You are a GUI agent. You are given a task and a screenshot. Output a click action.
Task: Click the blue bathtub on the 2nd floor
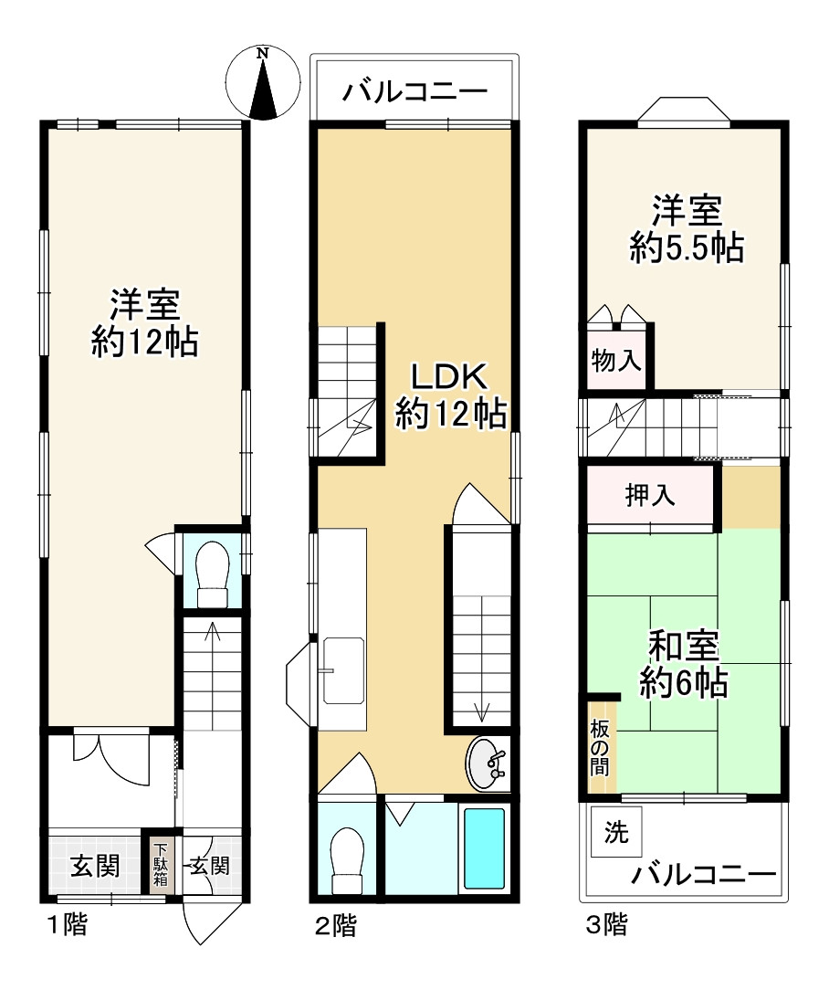(x=484, y=848)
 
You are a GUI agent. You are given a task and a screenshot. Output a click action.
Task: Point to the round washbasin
(x=487, y=764)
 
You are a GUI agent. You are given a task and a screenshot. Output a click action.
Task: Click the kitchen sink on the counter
(x=343, y=670)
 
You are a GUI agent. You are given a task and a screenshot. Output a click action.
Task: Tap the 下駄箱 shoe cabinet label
(x=161, y=864)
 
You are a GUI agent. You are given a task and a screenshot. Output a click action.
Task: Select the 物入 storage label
(x=616, y=361)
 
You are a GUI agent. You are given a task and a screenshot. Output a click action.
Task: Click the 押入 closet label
(x=650, y=495)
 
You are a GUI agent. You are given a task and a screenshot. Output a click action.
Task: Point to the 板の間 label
(x=600, y=748)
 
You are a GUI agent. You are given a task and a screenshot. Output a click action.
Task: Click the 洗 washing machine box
(x=616, y=831)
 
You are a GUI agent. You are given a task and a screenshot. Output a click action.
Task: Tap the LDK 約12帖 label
(x=450, y=395)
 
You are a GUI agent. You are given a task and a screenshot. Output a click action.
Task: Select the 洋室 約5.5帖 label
(x=687, y=229)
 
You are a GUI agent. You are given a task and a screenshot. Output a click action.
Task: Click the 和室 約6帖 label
(x=684, y=664)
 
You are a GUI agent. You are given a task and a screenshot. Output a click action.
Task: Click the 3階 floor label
(x=607, y=925)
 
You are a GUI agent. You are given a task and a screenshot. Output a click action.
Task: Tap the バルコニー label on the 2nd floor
(x=414, y=92)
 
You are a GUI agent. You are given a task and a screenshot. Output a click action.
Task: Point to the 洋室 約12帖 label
(x=145, y=322)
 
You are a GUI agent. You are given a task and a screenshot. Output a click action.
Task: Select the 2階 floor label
(x=337, y=925)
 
